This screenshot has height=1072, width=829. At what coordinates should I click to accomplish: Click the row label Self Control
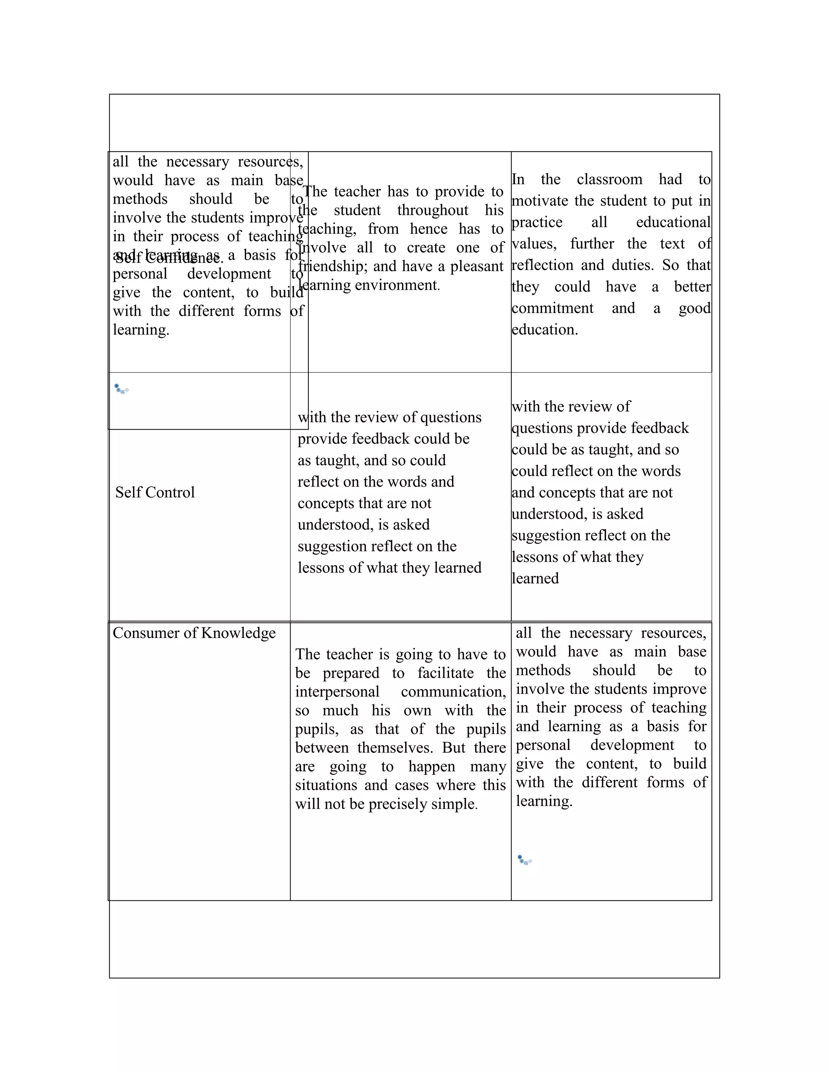[x=155, y=492]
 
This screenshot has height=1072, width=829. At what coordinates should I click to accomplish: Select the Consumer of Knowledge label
[x=194, y=633]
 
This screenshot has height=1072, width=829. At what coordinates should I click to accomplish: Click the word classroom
[x=609, y=179]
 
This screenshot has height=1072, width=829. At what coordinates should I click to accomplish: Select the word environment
[x=396, y=285]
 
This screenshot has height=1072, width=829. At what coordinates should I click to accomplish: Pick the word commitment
[x=552, y=308]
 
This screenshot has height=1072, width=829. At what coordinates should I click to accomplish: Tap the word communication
[x=453, y=692]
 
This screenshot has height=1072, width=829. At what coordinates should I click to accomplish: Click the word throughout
[x=433, y=210]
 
